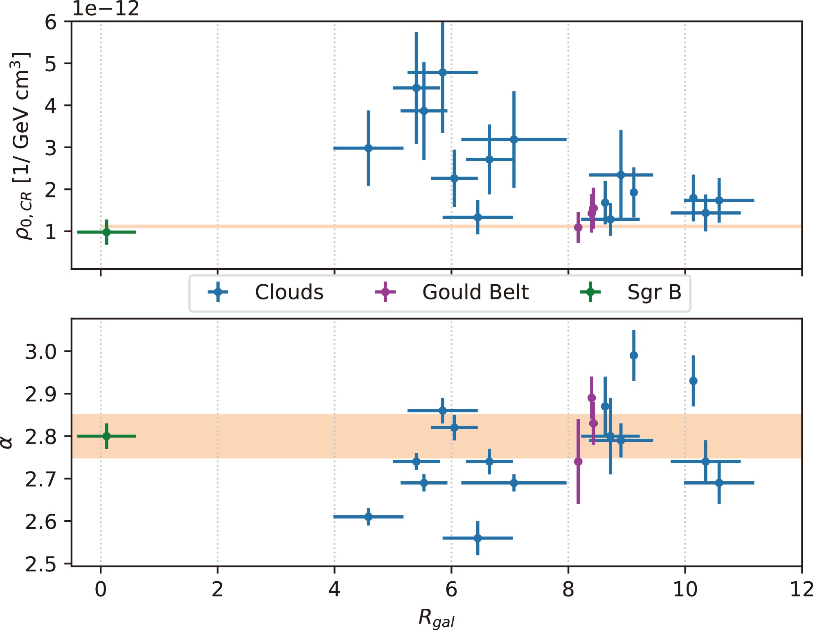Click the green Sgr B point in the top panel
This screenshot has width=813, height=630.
pyautogui.click(x=106, y=232)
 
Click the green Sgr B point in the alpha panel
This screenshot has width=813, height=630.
pyautogui.click(x=106, y=436)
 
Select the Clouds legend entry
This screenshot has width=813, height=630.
pyautogui.click(x=266, y=292)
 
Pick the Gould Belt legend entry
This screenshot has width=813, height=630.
pyautogui.click(x=452, y=292)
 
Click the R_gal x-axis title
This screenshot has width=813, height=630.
pyautogui.click(x=436, y=618)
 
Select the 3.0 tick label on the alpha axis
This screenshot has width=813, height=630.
pyautogui.click(x=41, y=352)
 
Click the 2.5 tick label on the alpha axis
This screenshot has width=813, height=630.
pyautogui.click(x=41, y=564)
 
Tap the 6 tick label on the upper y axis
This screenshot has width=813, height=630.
pyautogui.click(x=51, y=22)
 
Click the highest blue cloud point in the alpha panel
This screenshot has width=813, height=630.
pyautogui.click(x=633, y=355)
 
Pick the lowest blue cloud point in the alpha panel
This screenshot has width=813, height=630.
pyautogui.click(x=477, y=538)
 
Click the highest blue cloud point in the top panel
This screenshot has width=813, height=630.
pyautogui.click(x=442, y=73)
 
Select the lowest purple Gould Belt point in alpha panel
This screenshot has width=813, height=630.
pyautogui.click(x=578, y=462)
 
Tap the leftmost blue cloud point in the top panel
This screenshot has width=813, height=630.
pyautogui.click(x=368, y=148)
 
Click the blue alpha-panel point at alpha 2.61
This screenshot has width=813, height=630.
pyautogui.click(x=368, y=517)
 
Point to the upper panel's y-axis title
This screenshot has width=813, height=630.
pyautogui.click(x=20, y=145)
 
